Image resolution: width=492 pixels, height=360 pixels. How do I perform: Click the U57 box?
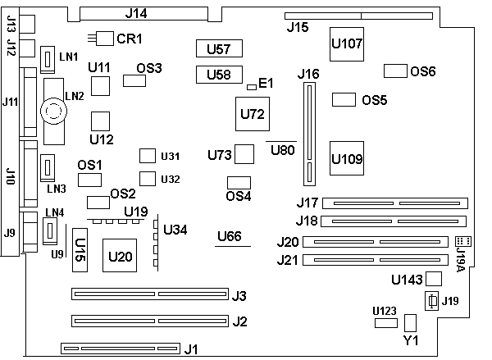pyautogui.click(x=218, y=48)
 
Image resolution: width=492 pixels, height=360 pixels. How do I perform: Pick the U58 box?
pyautogui.click(x=218, y=75)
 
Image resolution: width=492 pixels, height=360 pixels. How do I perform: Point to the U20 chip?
pyautogui.click(x=120, y=256)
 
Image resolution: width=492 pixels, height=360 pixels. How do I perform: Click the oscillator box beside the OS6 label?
pyautogui.click(x=396, y=71)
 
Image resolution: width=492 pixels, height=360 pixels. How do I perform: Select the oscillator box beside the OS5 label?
pyautogui.click(x=344, y=100)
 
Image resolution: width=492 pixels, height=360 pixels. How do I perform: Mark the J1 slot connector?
pyautogui.click(x=120, y=350)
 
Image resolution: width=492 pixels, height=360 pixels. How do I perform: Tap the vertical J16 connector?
pyautogui.click(x=309, y=134)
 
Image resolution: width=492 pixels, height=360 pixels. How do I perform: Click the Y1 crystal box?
pyautogui.click(x=411, y=322)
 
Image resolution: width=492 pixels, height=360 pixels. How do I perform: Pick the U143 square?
pyautogui.click(x=434, y=279)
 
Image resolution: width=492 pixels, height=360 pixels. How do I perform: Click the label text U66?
pyautogui.click(x=229, y=237)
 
